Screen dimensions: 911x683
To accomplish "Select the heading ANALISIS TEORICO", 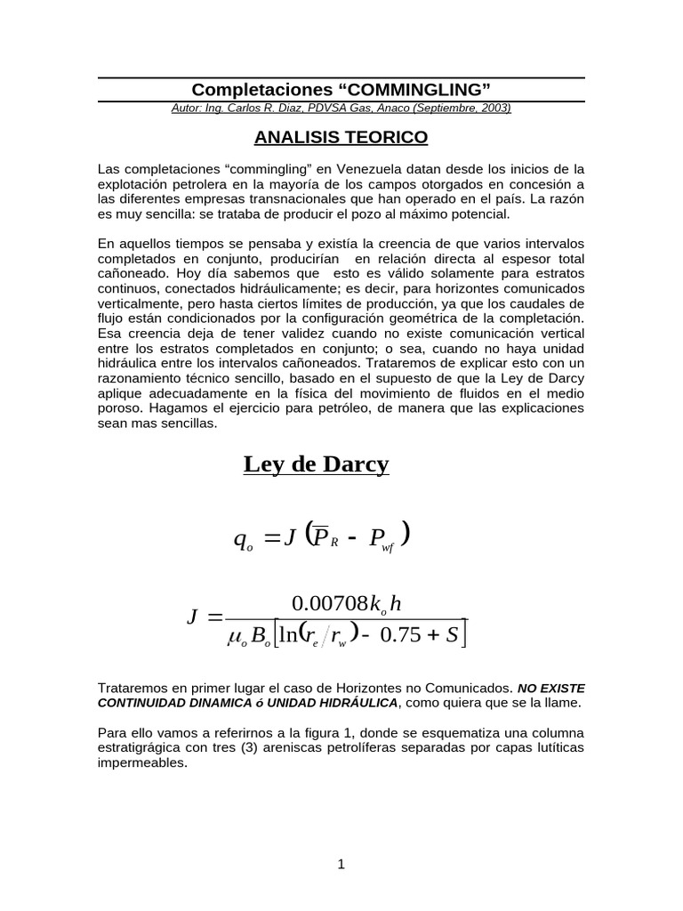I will pyautogui.click(x=341, y=137).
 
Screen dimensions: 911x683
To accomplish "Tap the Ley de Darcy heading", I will pyautogui.click(x=316, y=464).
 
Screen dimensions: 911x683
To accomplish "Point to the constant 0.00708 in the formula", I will pyautogui.click(x=330, y=604).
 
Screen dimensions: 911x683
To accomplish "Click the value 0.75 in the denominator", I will pyautogui.click(x=401, y=635).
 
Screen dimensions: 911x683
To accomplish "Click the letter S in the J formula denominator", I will pyautogui.click(x=453, y=635).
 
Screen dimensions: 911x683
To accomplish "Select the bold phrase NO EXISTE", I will pyautogui.click(x=551, y=689).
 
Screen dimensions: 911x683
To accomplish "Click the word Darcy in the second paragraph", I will pyautogui.click(x=565, y=379).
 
